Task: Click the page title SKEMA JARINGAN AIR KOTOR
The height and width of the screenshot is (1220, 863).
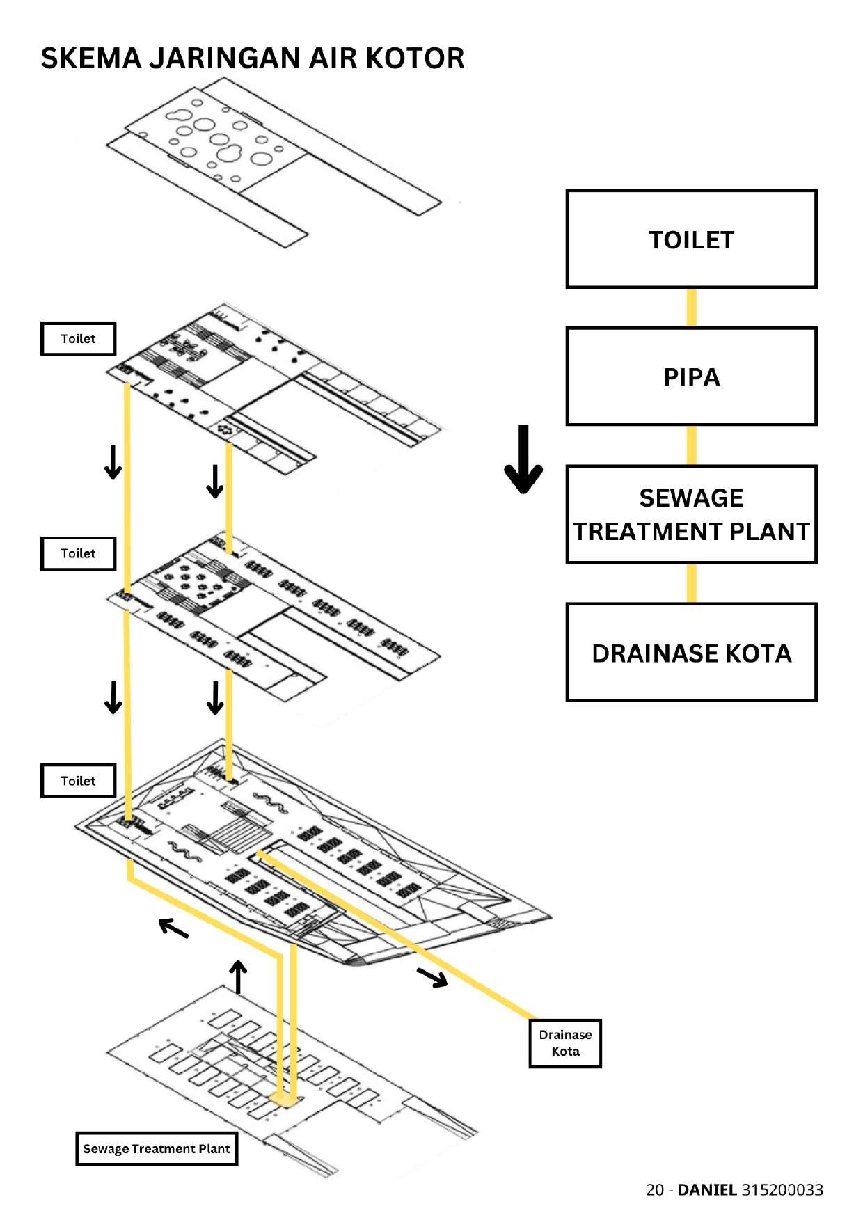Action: coord(253,58)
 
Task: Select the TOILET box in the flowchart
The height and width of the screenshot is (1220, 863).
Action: coord(691,239)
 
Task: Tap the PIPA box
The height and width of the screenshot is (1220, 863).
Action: coord(691,377)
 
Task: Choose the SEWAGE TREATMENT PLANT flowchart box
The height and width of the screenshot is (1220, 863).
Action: coord(691,514)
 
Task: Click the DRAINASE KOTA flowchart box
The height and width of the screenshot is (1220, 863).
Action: coord(691,652)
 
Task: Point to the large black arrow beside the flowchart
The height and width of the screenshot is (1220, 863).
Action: coord(523,459)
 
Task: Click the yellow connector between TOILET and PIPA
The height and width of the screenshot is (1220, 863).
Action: coord(692,308)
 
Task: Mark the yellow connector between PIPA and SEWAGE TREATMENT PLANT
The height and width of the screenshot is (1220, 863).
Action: coord(692,445)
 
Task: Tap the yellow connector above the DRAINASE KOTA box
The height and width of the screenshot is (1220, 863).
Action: coord(692,583)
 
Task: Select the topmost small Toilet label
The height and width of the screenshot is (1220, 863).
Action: coord(78,339)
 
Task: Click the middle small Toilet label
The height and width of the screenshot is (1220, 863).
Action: coord(78,553)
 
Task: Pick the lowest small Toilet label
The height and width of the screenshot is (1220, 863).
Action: coord(78,781)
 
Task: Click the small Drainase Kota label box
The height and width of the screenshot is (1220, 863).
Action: coord(565,1043)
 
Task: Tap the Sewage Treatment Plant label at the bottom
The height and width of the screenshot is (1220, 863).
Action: coord(157,1148)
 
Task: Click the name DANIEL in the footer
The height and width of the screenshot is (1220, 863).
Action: coord(707,1189)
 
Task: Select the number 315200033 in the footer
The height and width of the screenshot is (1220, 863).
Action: coord(782,1189)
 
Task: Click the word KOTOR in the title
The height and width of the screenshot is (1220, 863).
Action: coord(415,58)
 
